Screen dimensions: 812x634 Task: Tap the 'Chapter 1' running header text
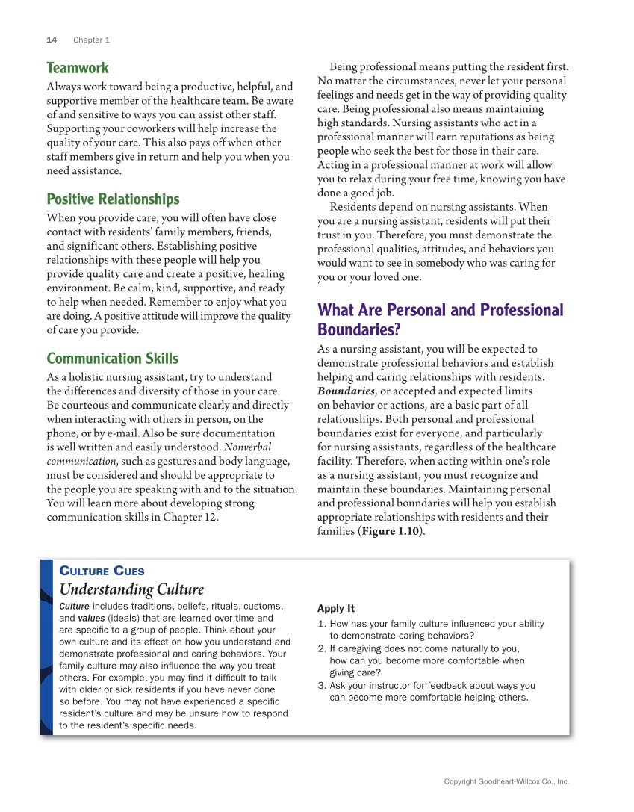91,40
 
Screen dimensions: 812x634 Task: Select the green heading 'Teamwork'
78,68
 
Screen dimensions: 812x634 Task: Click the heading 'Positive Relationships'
113,199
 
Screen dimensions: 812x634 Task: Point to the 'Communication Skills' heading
112,358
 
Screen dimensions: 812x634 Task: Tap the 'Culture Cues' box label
102,571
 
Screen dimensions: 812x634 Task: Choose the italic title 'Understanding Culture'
131,589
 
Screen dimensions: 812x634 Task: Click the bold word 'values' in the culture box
91,618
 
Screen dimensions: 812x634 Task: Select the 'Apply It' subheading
335,608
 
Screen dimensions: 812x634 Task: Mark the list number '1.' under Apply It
322,624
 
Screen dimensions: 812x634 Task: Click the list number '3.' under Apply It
322,685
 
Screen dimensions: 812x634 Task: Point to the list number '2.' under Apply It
322,648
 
